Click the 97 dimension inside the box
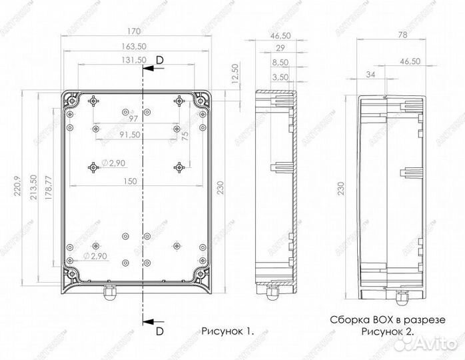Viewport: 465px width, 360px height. [x=135, y=118]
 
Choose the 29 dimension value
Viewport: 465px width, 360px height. [x=280, y=48]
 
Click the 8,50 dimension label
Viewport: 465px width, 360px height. [x=280, y=62]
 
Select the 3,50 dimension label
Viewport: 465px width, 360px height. [x=280, y=77]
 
